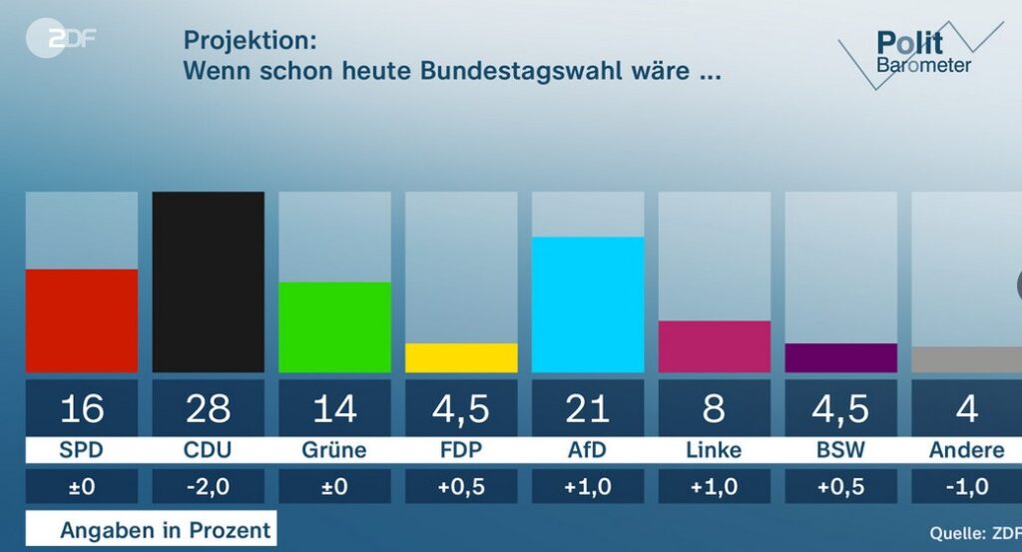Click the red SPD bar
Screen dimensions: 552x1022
(x=82, y=320)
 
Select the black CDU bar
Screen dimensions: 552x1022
(x=208, y=282)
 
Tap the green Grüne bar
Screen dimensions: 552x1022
(x=334, y=327)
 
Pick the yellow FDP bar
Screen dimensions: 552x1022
(x=461, y=357)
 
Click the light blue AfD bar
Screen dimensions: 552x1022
(x=588, y=304)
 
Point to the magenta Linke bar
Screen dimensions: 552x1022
(x=715, y=346)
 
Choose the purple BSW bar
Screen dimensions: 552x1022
(x=840, y=357)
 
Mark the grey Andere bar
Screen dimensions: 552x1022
(x=966, y=359)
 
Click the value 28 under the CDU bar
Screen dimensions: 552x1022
(x=208, y=408)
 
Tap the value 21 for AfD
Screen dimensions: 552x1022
(x=588, y=408)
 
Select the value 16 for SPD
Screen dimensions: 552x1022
(x=82, y=408)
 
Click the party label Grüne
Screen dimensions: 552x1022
(x=334, y=450)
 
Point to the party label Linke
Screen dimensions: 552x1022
(x=715, y=450)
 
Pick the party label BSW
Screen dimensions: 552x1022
(x=840, y=450)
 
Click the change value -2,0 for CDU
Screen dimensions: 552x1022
(x=208, y=487)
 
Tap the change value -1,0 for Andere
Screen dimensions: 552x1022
(x=966, y=487)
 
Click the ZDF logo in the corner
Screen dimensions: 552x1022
(x=62, y=41)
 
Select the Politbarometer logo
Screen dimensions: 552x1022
(x=918, y=52)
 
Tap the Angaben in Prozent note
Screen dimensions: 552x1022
(x=165, y=530)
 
